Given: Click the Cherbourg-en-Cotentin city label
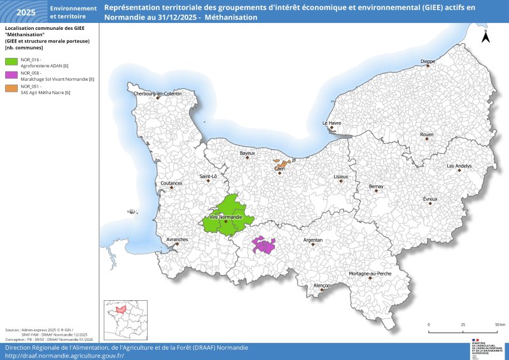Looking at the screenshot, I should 157,93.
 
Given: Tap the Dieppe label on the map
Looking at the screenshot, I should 428,62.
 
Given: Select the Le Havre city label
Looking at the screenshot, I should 331,123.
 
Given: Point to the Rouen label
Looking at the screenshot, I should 427,135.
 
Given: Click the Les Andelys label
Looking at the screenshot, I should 459,166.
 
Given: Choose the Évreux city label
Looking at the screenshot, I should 430,199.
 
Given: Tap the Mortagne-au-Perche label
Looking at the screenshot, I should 370,273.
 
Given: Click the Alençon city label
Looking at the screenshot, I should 322,286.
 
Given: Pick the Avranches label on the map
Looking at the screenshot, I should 177,239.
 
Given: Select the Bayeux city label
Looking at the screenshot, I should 247,153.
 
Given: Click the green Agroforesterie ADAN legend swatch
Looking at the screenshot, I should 11,62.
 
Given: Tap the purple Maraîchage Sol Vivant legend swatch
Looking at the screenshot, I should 11,75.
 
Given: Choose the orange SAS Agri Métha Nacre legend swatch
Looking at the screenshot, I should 11,88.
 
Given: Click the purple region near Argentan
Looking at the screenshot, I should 263,246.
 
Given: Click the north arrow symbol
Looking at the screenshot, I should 485,36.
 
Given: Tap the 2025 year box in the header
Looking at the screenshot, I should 26,12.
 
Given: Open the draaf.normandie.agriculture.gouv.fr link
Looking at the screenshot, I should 64,356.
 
